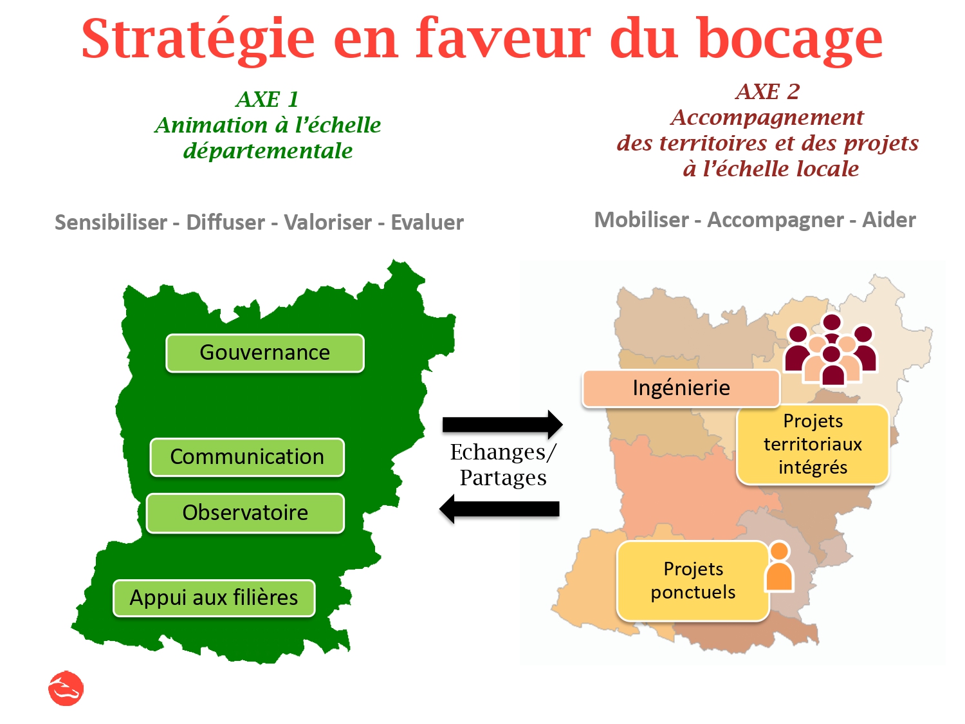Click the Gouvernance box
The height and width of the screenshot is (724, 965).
[x=264, y=353]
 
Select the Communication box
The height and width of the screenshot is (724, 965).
[x=247, y=457]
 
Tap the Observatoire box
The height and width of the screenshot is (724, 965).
[x=245, y=513]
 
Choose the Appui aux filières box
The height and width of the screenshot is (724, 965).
[x=214, y=598]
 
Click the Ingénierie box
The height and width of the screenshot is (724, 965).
[x=681, y=388]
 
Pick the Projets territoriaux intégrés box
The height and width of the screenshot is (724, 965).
[x=813, y=445]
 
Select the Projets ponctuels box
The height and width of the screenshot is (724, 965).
[x=693, y=580]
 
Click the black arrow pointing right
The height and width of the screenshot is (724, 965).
[x=502, y=425]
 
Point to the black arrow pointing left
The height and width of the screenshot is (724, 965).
[x=499, y=509]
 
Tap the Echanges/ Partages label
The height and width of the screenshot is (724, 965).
[x=503, y=465]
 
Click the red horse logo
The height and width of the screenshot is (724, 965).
[x=66, y=689]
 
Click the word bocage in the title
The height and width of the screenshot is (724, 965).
[x=790, y=39]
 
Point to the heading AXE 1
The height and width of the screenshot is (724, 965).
[x=267, y=99]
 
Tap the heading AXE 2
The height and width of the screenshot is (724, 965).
[x=767, y=92]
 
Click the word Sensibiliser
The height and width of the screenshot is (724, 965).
[x=111, y=223]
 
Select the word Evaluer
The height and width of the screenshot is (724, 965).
[x=427, y=223]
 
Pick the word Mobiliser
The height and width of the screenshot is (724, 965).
[x=641, y=220]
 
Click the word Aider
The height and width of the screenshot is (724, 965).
[x=889, y=220]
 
